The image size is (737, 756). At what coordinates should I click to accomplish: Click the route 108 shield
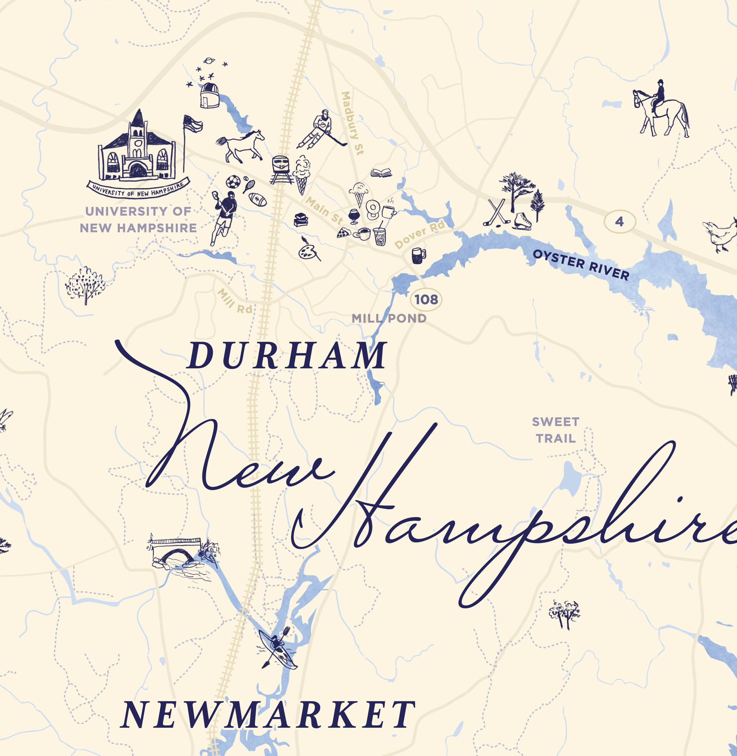(x=426, y=299)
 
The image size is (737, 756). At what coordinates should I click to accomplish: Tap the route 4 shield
(x=620, y=222)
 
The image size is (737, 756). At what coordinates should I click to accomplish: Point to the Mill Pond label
(x=389, y=318)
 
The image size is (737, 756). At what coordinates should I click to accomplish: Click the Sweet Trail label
(x=556, y=430)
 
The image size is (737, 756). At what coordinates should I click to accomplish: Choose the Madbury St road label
(x=352, y=123)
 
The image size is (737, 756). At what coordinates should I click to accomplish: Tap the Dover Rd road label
(x=419, y=235)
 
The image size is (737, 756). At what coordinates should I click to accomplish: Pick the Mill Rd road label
(x=235, y=301)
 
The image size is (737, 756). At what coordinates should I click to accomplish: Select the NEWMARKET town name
(x=268, y=715)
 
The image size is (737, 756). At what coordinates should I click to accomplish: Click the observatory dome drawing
(x=210, y=95)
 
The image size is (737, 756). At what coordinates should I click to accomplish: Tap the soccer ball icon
(x=233, y=182)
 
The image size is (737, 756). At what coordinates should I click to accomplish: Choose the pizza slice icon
(x=343, y=233)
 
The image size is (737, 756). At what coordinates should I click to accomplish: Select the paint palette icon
(x=308, y=251)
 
